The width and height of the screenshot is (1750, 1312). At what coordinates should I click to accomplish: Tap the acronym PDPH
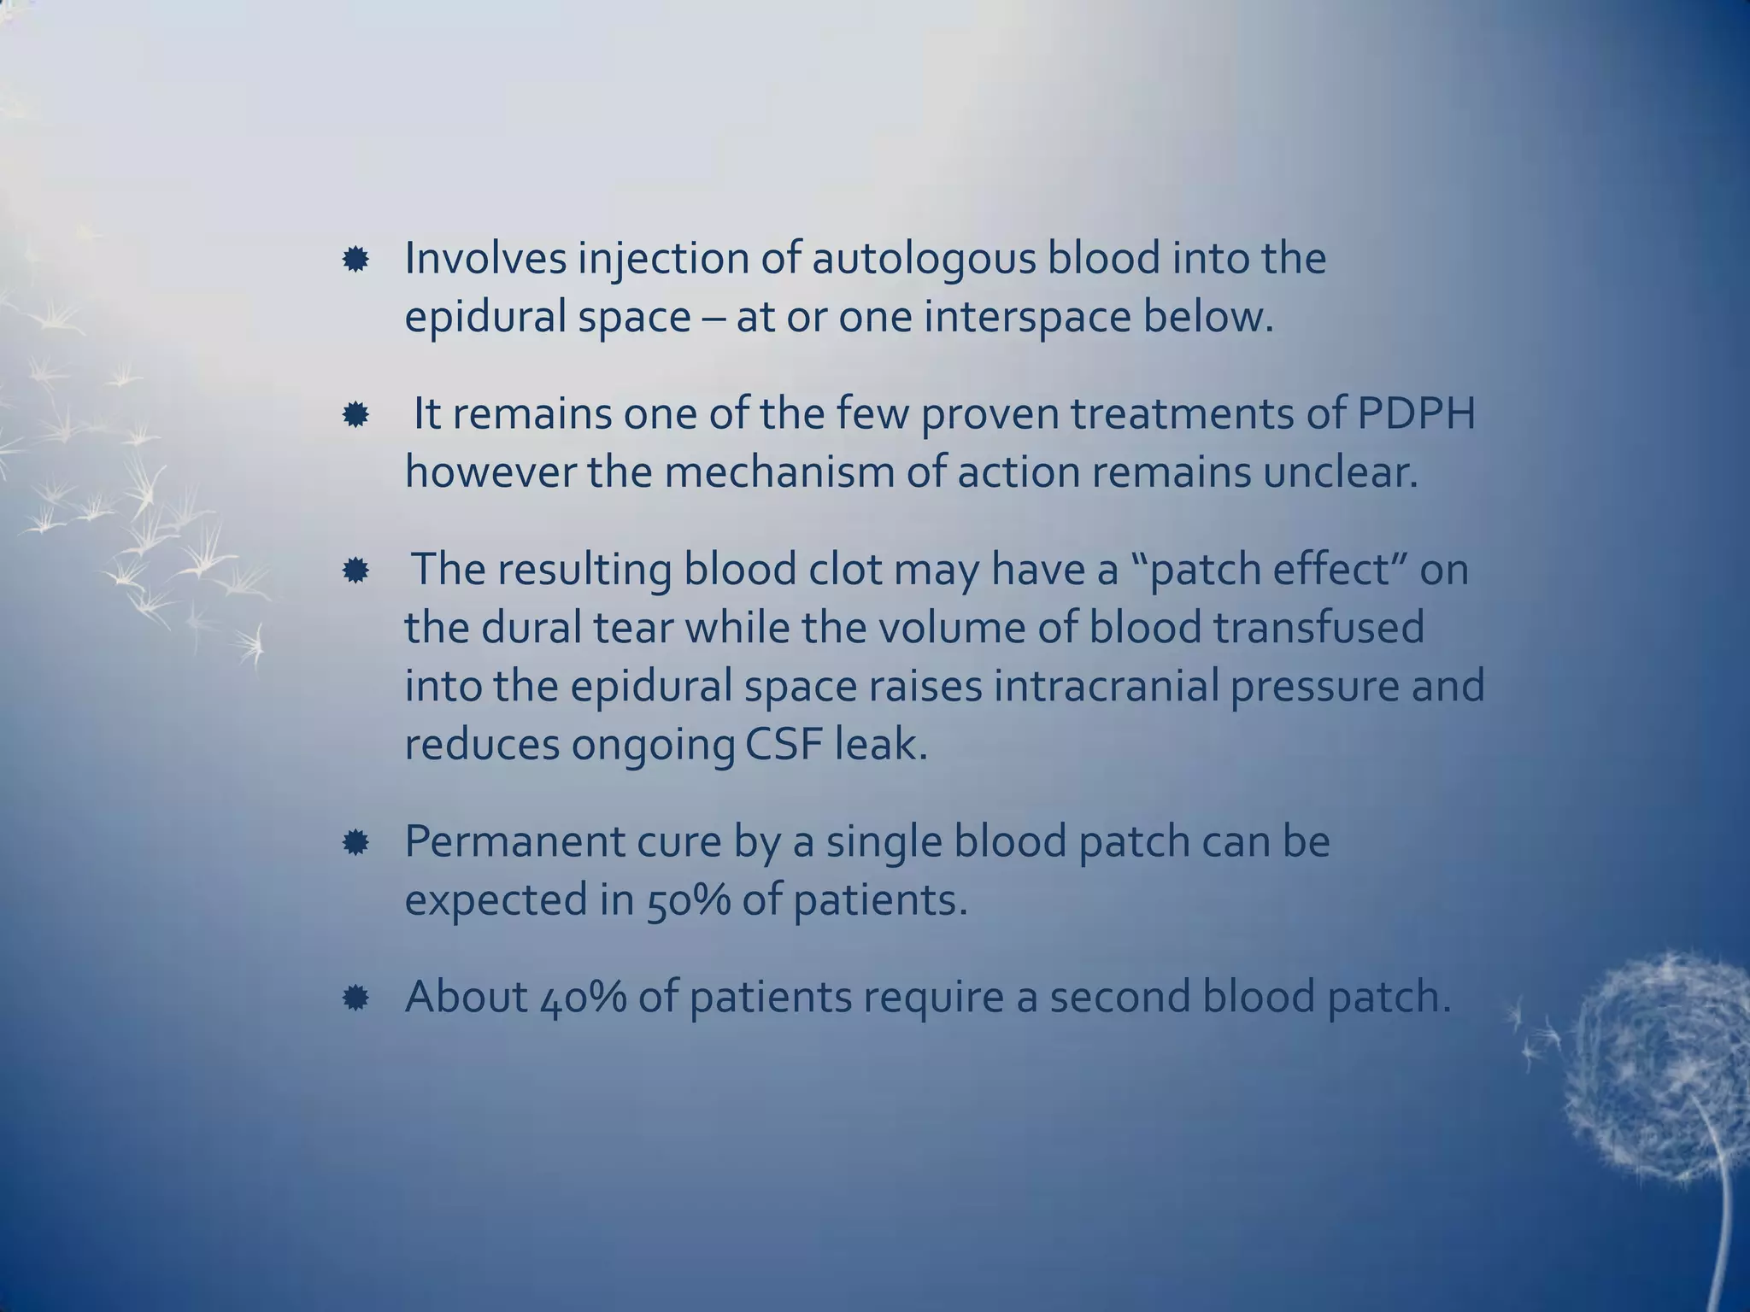pos(1416,414)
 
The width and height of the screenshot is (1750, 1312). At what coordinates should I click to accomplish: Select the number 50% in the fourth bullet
pos(689,901)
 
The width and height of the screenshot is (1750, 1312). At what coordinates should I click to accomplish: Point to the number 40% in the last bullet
pos(584,997)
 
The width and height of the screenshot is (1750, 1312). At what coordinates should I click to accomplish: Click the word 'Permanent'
pos(514,842)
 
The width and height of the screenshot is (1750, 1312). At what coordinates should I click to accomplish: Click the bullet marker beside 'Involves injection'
pos(355,260)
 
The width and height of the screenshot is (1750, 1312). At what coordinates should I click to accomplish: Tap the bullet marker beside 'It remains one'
pos(355,416)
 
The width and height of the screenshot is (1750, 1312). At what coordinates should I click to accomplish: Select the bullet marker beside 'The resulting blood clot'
pos(355,571)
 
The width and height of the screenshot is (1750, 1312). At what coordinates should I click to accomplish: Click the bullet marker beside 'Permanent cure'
pos(355,844)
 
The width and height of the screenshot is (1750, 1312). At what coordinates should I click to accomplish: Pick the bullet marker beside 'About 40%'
pos(355,998)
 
